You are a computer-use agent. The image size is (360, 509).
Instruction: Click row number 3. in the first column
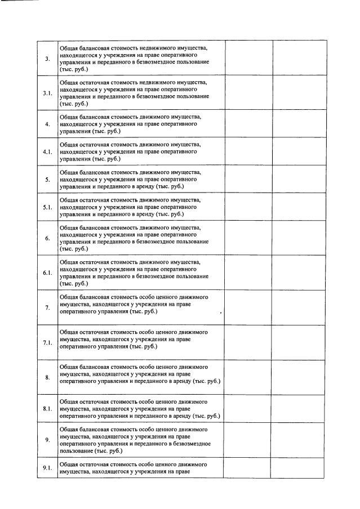click(47, 59)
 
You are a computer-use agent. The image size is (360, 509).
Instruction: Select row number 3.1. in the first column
click(47, 92)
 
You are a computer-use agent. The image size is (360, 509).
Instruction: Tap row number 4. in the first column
click(47, 124)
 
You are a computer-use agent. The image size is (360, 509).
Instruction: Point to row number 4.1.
click(47, 152)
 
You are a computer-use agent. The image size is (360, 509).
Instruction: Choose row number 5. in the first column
click(47, 180)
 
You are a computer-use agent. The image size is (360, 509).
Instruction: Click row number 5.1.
click(47, 208)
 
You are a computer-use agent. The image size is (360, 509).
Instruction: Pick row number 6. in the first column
click(47, 238)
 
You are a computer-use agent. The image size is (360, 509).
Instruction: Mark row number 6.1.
click(47, 273)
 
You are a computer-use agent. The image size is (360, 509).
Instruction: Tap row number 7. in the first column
click(47, 307)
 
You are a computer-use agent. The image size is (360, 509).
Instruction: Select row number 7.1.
click(47, 342)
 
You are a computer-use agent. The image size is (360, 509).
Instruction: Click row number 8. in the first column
click(47, 377)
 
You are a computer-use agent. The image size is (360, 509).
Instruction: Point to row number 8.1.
click(47, 409)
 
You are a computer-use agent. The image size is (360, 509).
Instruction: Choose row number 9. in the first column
click(47, 439)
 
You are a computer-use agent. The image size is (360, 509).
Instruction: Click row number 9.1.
click(47, 468)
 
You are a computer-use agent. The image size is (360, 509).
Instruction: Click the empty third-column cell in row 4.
click(248, 123)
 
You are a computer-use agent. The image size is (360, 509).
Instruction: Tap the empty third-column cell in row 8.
click(248, 377)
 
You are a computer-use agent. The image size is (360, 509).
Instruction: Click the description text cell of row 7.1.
click(141, 340)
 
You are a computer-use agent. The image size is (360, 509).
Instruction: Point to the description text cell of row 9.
click(141, 440)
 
